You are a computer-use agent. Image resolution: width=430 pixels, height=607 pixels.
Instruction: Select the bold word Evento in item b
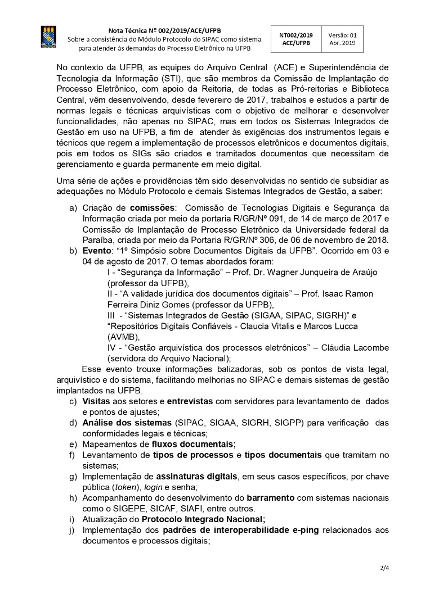click(97, 251)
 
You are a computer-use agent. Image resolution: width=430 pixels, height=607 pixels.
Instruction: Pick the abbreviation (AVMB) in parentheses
click(123, 337)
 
